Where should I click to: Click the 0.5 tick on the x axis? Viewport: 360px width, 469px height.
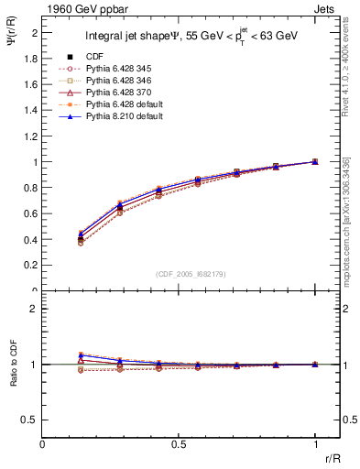click(179, 442)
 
